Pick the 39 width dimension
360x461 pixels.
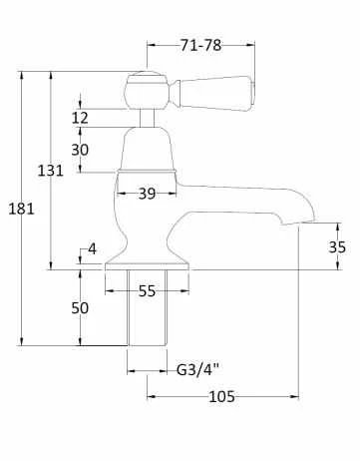pos(147,194)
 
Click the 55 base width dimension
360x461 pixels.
pos(146,291)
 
